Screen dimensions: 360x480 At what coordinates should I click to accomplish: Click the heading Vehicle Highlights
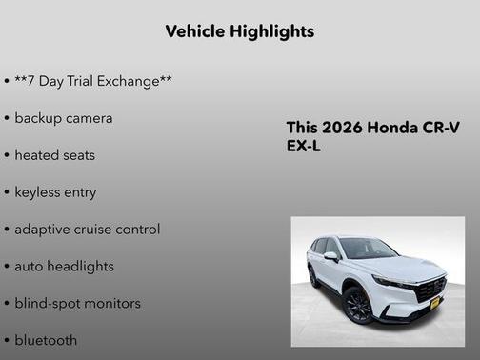[x=239, y=31]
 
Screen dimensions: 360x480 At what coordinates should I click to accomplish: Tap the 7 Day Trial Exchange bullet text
[x=93, y=81]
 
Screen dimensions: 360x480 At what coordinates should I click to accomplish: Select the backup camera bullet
[x=63, y=118]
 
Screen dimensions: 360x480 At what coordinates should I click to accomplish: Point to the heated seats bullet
[x=54, y=155]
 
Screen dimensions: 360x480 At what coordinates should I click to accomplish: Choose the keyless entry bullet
[x=55, y=192]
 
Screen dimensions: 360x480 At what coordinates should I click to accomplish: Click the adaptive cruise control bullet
[x=87, y=230]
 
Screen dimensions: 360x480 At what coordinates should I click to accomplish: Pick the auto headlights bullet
[x=64, y=267]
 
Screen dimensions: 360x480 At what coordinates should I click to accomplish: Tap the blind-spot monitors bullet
[x=77, y=304]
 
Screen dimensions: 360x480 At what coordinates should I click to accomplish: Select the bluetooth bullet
[x=46, y=340]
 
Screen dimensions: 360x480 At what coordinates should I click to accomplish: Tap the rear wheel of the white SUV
[x=313, y=277]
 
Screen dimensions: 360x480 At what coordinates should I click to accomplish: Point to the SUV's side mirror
[x=331, y=255]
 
